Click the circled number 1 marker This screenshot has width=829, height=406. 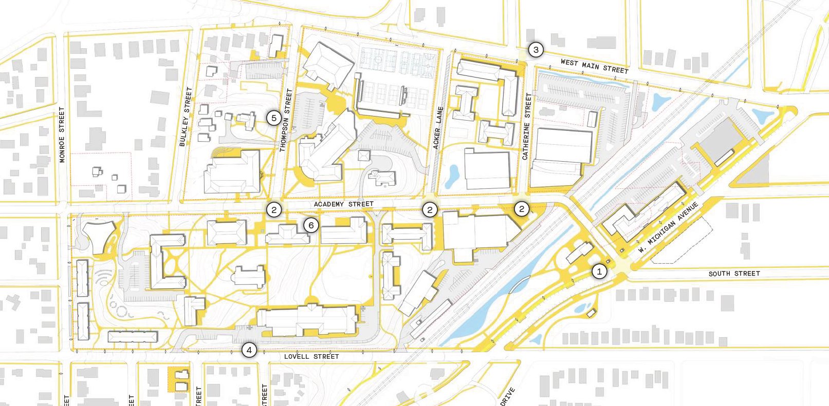click(599, 272)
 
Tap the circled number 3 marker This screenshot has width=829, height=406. click(536, 50)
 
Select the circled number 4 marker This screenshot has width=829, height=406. click(249, 350)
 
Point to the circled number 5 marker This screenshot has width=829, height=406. click(274, 118)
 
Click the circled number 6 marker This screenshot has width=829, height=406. click(311, 225)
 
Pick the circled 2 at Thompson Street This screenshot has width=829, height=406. click(274, 209)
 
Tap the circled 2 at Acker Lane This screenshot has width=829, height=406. click(430, 209)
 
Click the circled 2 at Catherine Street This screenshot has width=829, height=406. click(522, 208)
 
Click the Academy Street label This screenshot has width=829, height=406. click(343, 204)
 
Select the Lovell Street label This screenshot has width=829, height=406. click(311, 356)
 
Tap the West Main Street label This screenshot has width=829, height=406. click(594, 66)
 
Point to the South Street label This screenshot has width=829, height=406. click(734, 274)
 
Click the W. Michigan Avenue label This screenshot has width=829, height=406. click(668, 227)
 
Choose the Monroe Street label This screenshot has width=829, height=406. click(62, 135)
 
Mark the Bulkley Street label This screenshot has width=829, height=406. click(186, 117)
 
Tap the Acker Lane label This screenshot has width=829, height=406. click(438, 128)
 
